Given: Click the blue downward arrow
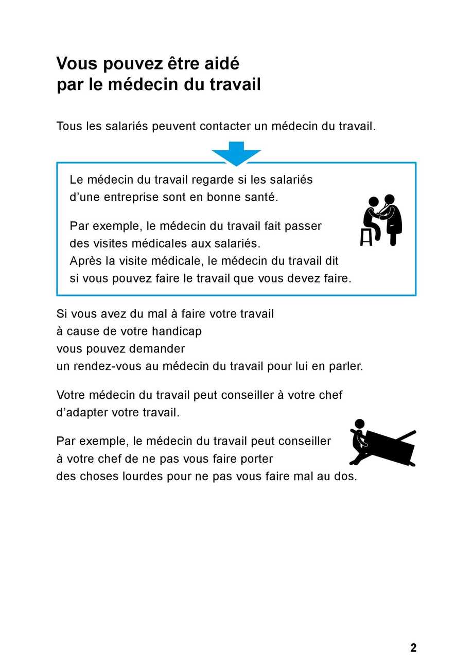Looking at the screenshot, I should pyautogui.click(x=236, y=153).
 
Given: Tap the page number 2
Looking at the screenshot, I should pyautogui.click(x=413, y=648).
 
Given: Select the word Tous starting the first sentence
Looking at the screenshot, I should pyautogui.click(x=69, y=127).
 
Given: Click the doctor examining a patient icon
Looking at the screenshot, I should pyautogui.click(x=381, y=220).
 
